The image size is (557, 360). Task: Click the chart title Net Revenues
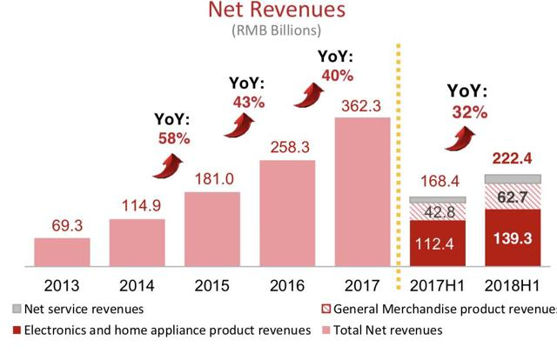point(278,11)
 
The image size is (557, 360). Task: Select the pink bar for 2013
point(62,250)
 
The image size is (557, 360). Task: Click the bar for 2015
point(212,228)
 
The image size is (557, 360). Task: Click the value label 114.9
point(137,206)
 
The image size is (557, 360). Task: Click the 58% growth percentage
point(173,137)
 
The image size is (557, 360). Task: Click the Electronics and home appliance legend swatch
point(18,330)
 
